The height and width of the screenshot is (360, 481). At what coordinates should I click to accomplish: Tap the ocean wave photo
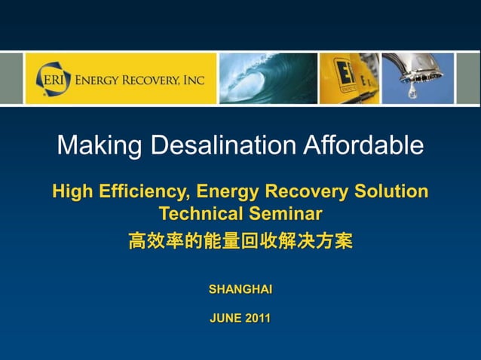268,78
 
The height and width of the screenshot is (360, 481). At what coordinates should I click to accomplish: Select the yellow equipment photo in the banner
349,78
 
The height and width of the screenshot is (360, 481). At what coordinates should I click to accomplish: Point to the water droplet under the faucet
412,94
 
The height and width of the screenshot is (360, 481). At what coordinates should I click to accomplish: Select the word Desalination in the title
223,145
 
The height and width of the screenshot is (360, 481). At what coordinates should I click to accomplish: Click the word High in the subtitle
73,192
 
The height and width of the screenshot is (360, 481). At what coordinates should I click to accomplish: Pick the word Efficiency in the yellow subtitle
141,192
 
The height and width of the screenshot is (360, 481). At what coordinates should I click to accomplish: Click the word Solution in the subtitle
391,192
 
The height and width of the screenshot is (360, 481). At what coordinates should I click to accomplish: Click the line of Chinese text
240,242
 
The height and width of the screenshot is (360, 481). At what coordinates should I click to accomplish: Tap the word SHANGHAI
240,289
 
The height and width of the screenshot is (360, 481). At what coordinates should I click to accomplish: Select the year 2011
257,319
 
